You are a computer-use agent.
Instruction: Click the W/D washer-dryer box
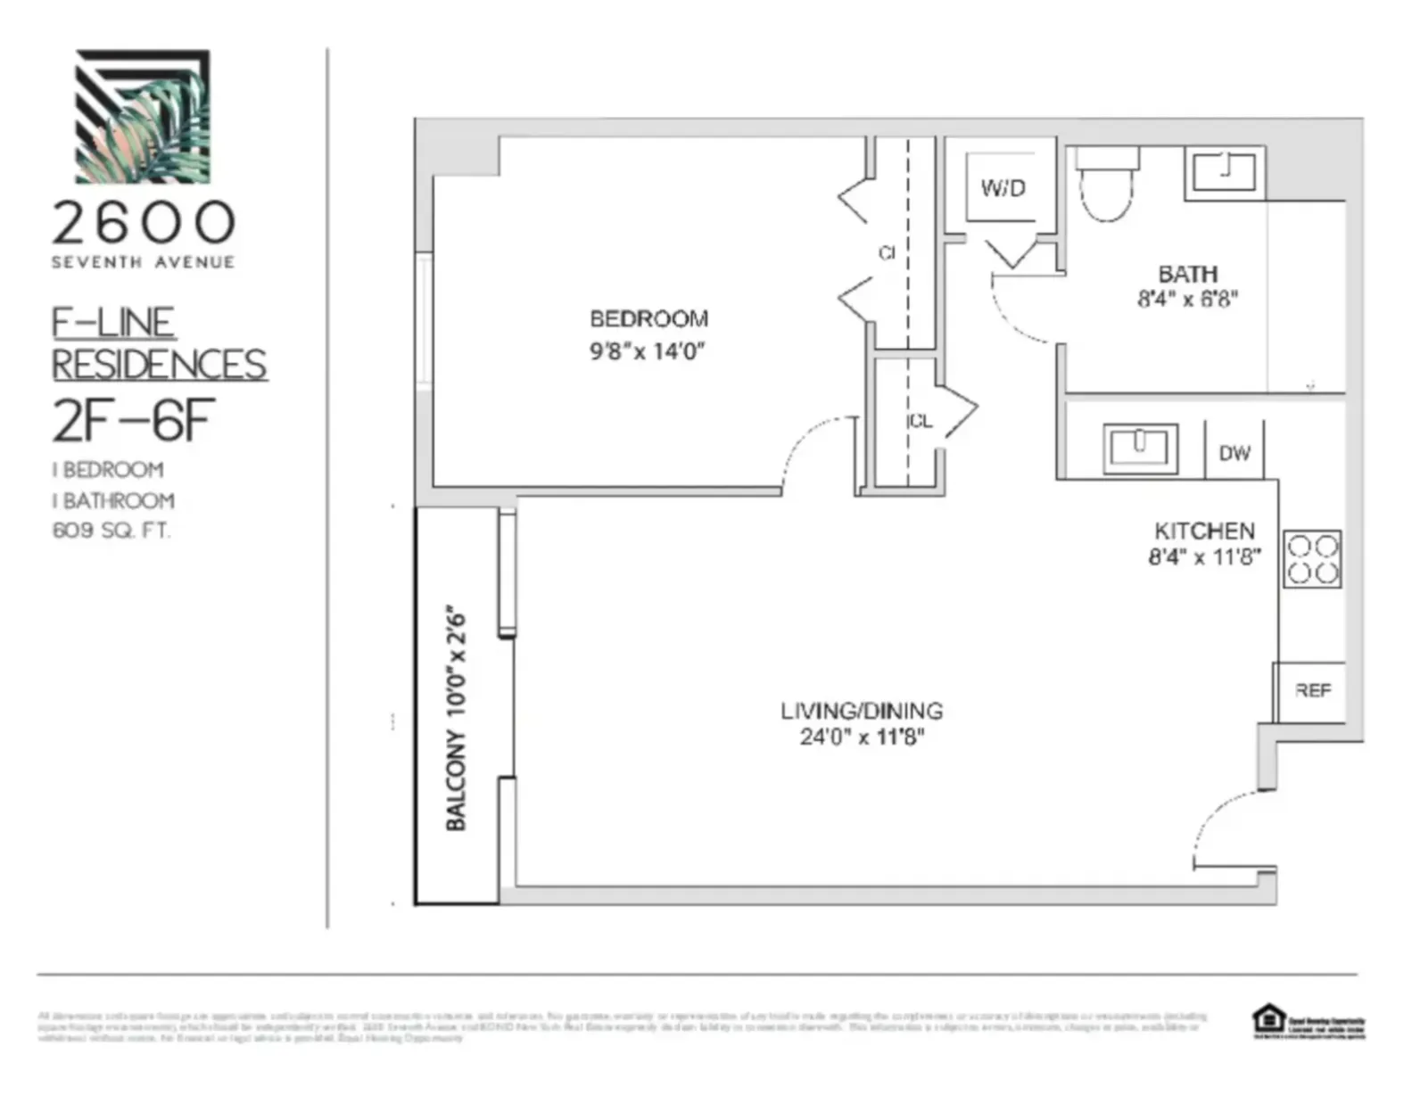point(1003,188)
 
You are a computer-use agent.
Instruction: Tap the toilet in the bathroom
point(1106,186)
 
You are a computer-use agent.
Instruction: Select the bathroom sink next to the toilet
point(1224,172)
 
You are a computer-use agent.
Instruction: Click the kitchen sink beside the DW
point(1139,448)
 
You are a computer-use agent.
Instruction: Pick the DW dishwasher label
point(1234,453)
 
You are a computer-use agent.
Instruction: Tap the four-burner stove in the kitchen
point(1312,559)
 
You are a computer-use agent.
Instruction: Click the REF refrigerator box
point(1311,690)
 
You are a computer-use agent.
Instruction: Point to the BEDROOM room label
point(648,318)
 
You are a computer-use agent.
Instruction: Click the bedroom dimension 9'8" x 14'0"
point(647,350)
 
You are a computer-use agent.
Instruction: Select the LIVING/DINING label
point(861,711)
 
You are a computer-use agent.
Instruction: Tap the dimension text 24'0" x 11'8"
point(861,737)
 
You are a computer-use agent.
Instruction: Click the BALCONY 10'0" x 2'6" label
point(456,720)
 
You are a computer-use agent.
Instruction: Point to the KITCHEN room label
point(1203,531)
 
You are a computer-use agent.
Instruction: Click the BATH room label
point(1187,274)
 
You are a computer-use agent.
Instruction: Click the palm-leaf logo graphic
point(143,117)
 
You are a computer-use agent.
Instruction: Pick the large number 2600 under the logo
point(143,223)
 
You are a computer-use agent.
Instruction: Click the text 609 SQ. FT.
point(111,531)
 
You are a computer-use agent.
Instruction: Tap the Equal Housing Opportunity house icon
point(1267,1019)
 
